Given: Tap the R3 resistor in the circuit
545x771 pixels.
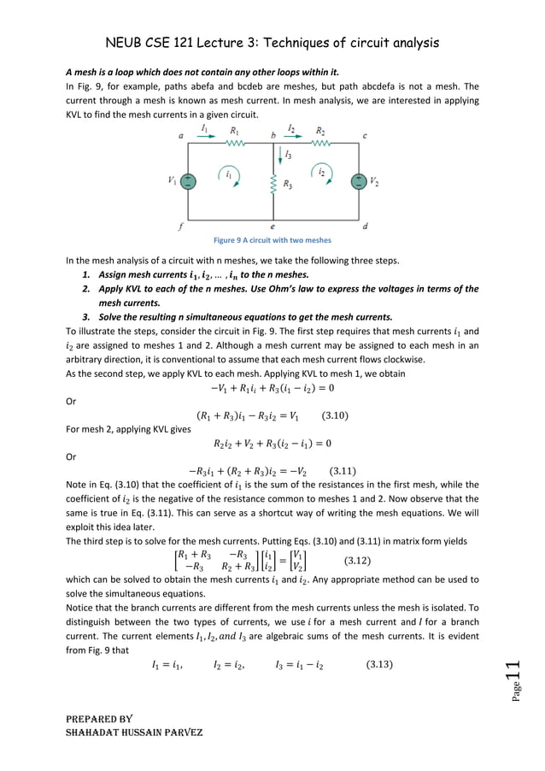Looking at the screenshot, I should click(x=272, y=184).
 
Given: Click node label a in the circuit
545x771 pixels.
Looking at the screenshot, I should click(x=180, y=135).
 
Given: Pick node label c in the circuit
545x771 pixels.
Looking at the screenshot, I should click(x=366, y=135).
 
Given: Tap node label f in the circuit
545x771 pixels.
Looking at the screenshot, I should click(x=180, y=227).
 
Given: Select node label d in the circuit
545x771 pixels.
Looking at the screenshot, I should click(x=366, y=227).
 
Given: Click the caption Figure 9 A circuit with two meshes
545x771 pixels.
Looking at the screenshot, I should click(x=272, y=240).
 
